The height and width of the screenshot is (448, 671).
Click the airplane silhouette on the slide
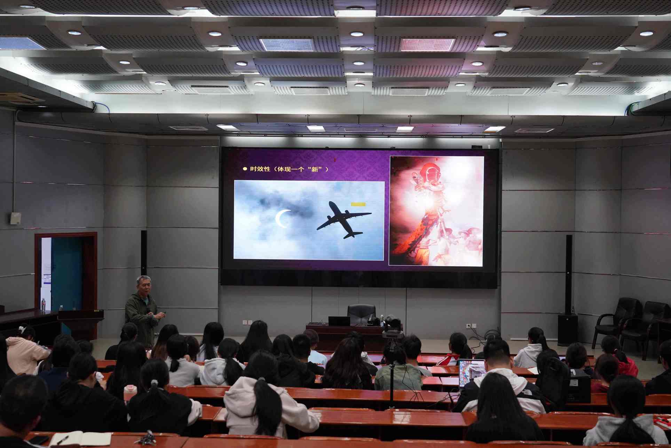pos(343,220)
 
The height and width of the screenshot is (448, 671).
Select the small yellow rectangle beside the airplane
pos(358,204)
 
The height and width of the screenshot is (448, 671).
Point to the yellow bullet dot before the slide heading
pos(245,169)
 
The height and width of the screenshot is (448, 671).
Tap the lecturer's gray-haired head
pos(144,285)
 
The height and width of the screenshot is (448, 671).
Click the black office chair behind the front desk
pos(361,314)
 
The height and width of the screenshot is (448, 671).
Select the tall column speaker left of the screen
pos(144,253)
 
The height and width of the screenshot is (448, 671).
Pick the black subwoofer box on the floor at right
pos(568,330)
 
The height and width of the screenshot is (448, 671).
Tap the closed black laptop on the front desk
pos(339,321)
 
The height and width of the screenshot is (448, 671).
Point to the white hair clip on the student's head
pos(23,328)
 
